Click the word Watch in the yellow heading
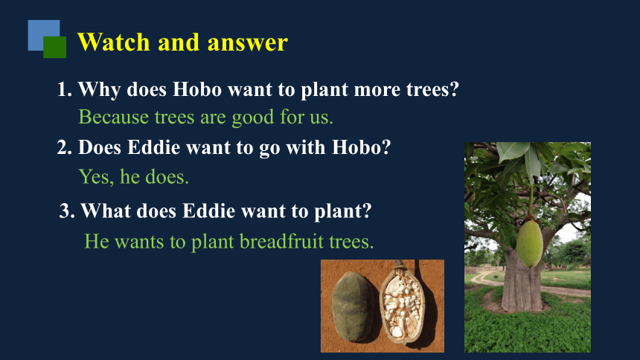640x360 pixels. [113, 42]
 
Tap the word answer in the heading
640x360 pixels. [248, 43]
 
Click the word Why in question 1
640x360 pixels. [99, 90]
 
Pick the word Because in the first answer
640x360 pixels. [113, 117]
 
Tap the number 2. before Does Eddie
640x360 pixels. [65, 147]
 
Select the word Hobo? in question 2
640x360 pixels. [361, 147]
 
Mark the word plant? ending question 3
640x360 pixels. [343, 212]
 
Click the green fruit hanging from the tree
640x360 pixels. [530, 243]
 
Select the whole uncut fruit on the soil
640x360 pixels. [352, 306]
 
